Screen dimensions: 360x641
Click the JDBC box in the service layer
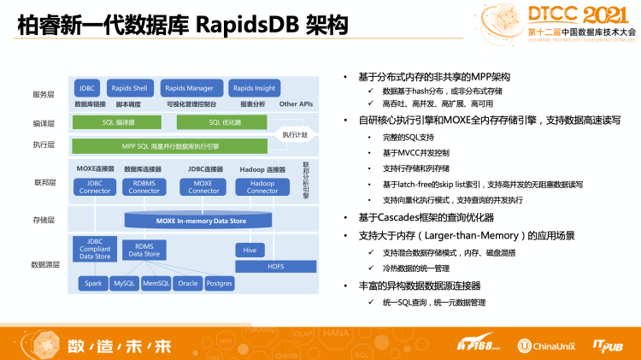click(x=86, y=87)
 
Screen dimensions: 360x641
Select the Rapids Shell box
click(x=129, y=87)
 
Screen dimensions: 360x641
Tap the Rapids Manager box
click(x=189, y=87)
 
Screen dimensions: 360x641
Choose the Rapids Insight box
click(x=254, y=87)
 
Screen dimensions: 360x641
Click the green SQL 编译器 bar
click(x=125, y=122)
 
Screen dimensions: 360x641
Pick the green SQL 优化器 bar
click(x=226, y=122)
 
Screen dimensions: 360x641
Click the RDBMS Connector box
click(x=144, y=187)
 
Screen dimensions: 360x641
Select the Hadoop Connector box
click(x=262, y=187)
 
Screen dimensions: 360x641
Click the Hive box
click(x=250, y=250)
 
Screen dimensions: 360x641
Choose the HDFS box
click(x=275, y=266)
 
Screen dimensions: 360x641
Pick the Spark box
click(x=92, y=283)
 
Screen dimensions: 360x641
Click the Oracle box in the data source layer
click(x=186, y=283)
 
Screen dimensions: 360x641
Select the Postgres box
click(x=219, y=283)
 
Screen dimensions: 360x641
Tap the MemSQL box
click(x=156, y=283)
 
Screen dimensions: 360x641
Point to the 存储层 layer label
click(x=44, y=220)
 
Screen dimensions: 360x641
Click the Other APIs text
click(x=296, y=103)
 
